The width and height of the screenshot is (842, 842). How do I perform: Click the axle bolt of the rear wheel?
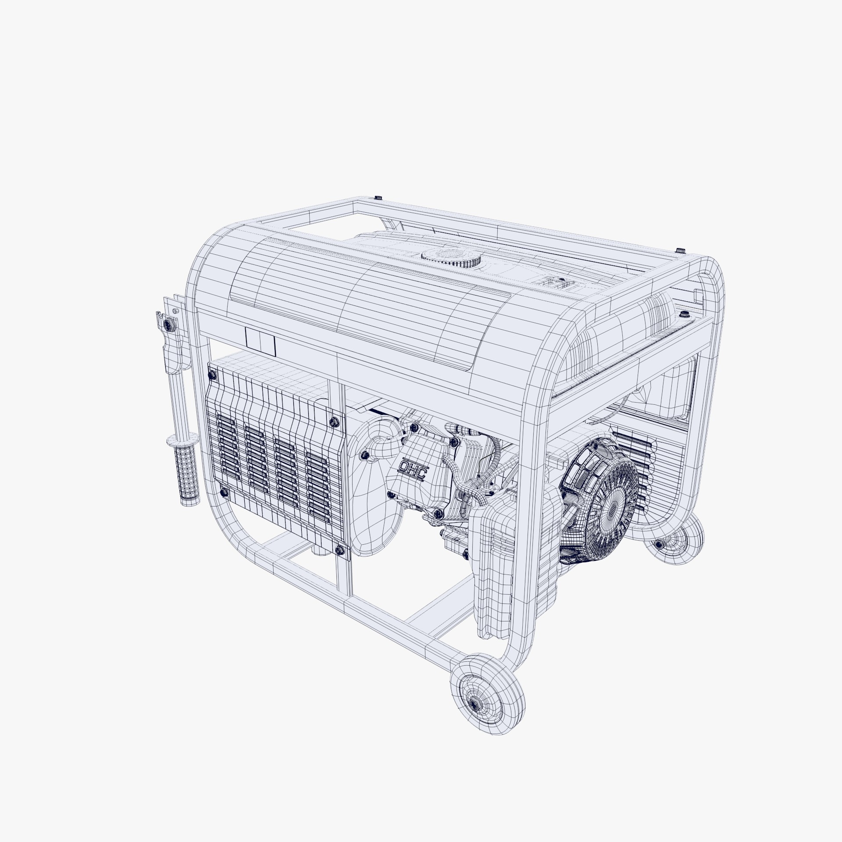659,544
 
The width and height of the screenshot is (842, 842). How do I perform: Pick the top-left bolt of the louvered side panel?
212,375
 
